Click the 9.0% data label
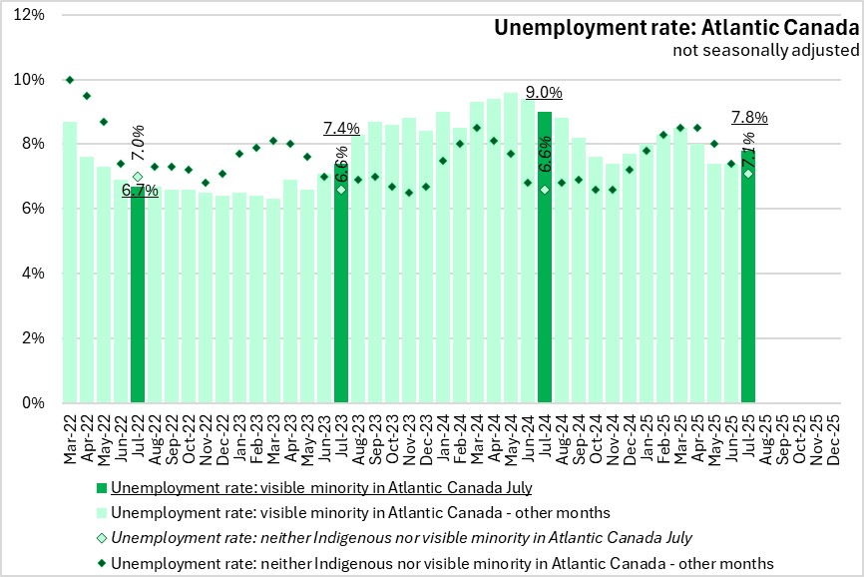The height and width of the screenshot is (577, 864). coord(545,93)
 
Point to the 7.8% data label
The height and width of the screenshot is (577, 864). coord(749,117)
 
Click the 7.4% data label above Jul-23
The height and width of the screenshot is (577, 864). coord(341,129)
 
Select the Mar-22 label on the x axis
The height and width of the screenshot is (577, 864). coord(70,437)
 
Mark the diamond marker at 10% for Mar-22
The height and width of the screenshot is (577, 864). coord(70,80)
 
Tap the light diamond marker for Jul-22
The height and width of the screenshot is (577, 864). coord(138,177)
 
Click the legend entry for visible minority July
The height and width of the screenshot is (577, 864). coord(320,488)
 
